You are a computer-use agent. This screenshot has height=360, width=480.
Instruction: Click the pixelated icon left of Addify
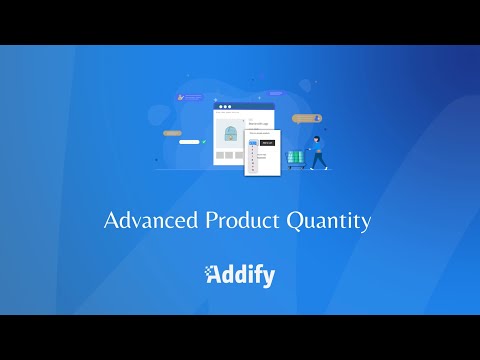click(211, 274)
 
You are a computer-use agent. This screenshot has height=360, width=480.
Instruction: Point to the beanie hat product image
click(232, 133)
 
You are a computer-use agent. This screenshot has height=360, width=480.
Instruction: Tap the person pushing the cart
click(318, 152)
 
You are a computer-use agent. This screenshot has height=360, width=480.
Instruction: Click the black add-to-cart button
click(267, 142)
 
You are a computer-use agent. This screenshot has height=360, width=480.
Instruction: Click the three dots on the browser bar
click(225, 107)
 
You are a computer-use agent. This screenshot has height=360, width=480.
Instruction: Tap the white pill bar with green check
click(190, 142)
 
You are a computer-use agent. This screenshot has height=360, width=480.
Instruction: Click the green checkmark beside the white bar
click(205, 142)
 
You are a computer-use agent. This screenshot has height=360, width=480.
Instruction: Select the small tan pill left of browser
click(172, 133)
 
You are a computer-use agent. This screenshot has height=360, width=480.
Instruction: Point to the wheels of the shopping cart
click(297, 168)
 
